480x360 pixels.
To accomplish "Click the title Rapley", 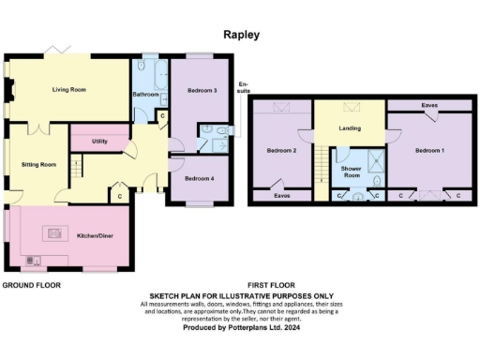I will [241, 35].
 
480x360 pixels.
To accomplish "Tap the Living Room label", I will [68, 90].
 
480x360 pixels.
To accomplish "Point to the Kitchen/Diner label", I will [95, 236].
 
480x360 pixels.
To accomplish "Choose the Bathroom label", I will [145, 95].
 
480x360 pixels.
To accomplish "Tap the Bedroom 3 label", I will [202, 90].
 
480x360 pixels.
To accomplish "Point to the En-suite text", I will [244, 89].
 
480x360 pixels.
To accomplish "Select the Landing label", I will [350, 128].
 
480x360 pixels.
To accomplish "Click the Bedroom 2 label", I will [281, 151].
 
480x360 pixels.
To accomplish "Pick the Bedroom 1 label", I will [430, 151].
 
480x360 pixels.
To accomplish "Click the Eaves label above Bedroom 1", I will [429, 105].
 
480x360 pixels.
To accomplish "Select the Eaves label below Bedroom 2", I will [281, 196].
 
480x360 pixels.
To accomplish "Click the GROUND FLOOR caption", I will [31, 284].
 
